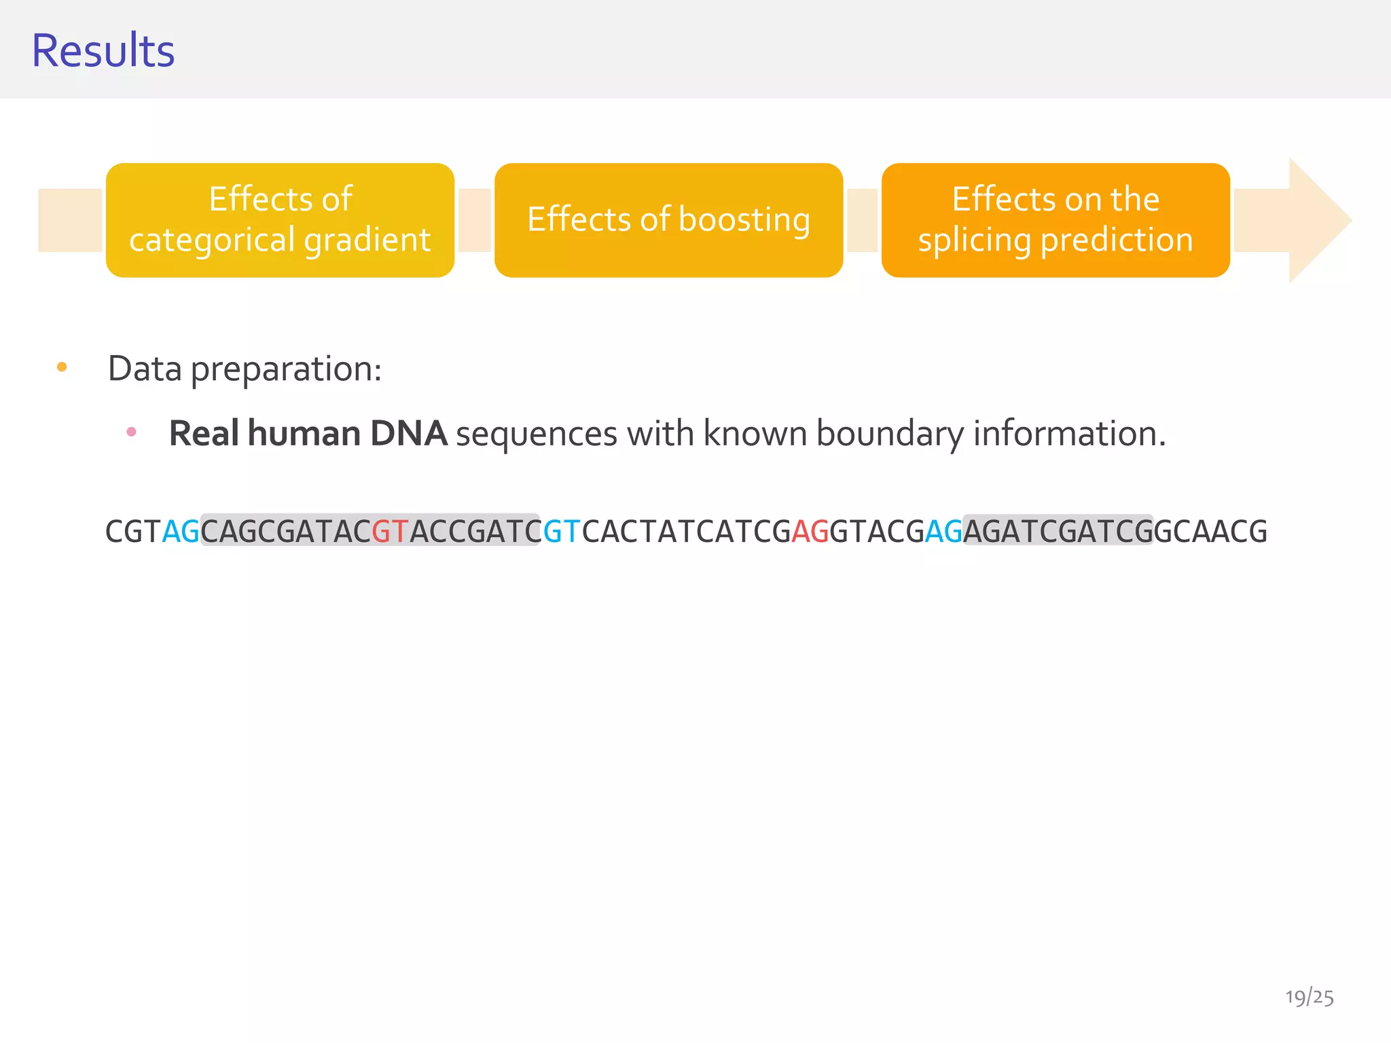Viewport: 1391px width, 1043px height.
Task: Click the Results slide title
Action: coord(103,51)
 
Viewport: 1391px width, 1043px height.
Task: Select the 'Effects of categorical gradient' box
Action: coord(280,220)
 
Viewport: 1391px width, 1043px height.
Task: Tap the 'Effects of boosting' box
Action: coord(668,220)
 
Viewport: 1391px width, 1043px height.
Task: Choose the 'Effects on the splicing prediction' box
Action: coord(1055,220)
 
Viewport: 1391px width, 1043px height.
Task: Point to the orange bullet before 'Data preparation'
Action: coord(62,367)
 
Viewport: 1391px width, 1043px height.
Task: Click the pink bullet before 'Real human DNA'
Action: coord(132,432)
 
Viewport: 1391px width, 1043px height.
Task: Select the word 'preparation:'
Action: coord(286,369)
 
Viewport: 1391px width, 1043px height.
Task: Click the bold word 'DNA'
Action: coord(409,433)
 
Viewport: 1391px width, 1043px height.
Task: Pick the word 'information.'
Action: coord(1069,433)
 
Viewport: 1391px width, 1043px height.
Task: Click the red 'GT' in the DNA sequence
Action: coord(390,531)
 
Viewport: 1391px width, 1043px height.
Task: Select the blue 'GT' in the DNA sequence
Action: coord(562,531)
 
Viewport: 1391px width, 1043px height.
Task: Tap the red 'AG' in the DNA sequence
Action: coord(810,531)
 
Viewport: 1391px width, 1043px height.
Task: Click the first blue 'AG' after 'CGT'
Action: coord(181,531)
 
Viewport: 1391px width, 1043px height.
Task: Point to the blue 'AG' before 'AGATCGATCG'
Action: coord(943,531)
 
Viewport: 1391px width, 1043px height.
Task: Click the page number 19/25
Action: coord(1309,998)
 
